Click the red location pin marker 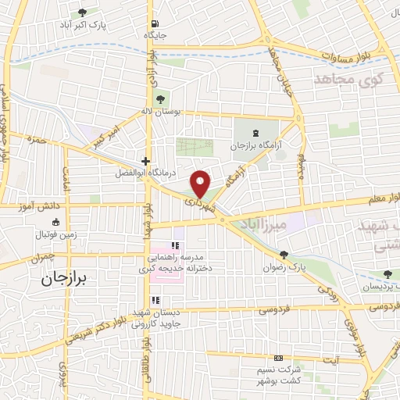(201, 183)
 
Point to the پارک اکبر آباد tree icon (83, 13)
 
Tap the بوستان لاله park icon (160, 99)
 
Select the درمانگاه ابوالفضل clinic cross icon (144, 159)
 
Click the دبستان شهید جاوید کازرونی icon (155, 300)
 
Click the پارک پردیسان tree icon (387, 273)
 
